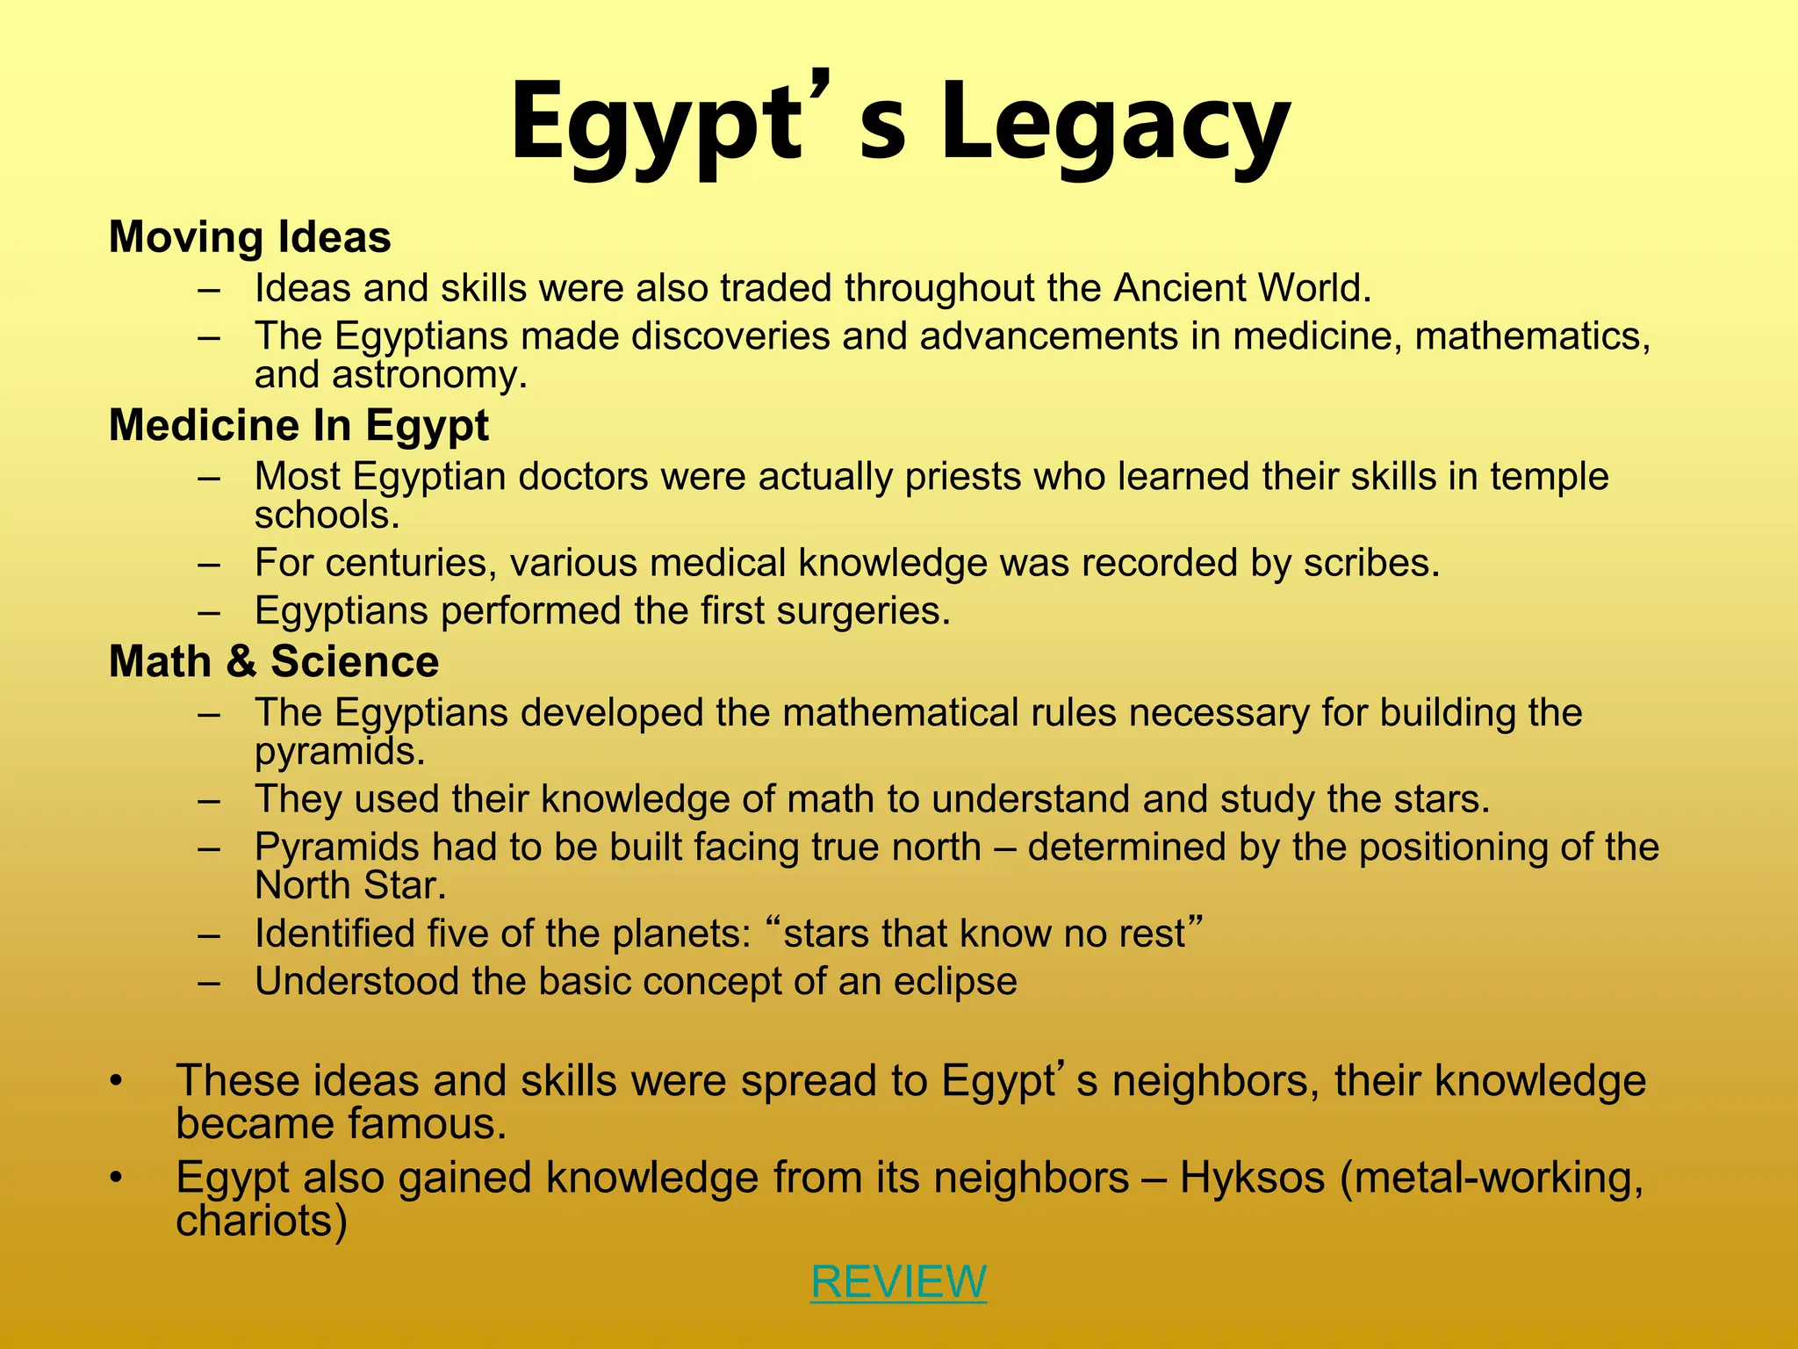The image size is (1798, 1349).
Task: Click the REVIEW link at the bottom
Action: point(898,1281)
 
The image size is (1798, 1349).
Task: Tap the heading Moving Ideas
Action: point(250,237)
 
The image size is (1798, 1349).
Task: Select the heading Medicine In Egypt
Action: point(298,426)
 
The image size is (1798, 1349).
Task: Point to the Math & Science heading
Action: point(274,661)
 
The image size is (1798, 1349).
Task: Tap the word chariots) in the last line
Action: point(262,1221)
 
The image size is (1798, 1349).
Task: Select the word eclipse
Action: point(955,982)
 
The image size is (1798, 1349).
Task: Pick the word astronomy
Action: point(429,375)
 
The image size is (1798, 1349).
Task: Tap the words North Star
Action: point(350,885)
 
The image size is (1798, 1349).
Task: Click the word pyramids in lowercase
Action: point(340,752)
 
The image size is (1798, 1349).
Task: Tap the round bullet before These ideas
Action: point(116,1081)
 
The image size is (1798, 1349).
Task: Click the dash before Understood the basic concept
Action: point(209,982)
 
